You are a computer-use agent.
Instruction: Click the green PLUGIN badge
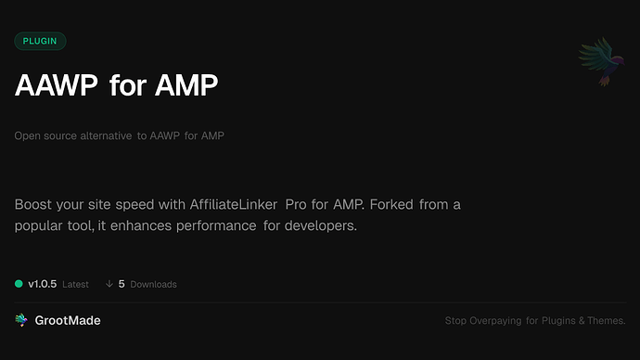coord(40,41)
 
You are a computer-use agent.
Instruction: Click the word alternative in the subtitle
coord(105,136)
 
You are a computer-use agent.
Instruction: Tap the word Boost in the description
coord(33,204)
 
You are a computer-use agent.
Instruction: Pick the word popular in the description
coord(41,225)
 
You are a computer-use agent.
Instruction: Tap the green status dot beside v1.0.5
coord(19,284)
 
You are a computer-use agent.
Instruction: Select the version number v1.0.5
coord(45,284)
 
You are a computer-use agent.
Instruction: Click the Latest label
coord(75,285)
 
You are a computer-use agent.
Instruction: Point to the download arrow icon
coord(109,284)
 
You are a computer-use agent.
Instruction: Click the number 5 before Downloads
coord(122,284)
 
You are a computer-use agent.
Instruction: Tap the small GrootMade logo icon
coord(21,320)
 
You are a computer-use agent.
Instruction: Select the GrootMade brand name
coord(69,320)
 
